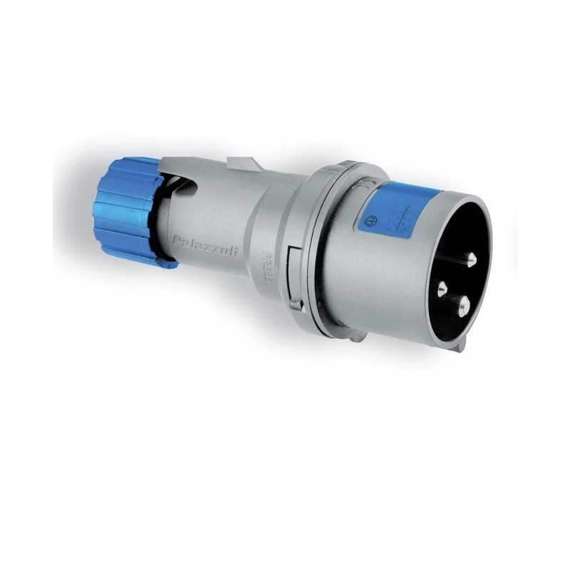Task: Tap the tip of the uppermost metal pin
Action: (x=472, y=264)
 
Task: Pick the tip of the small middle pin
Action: (x=443, y=289)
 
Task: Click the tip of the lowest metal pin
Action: (x=463, y=307)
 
